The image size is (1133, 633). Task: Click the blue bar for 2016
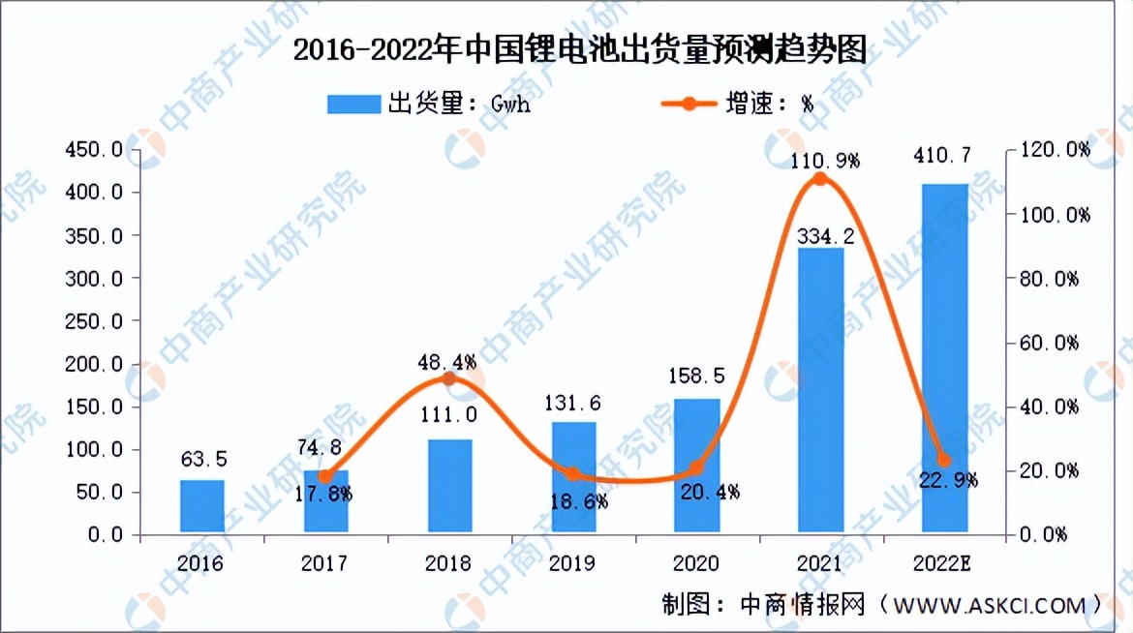pos(201,506)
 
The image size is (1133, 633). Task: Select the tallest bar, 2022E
pos(944,358)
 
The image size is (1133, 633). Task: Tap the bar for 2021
pos(820,390)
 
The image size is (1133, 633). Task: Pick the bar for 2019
pos(573,477)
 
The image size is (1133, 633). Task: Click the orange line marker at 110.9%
pos(820,179)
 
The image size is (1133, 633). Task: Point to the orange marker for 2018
pos(448,378)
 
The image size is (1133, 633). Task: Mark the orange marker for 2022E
pos(944,461)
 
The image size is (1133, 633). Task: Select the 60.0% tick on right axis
pos(1050,343)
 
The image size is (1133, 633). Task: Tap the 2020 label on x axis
pos(696,563)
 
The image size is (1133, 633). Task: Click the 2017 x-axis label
pos(325,563)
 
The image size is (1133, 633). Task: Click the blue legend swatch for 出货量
pos(353,104)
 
